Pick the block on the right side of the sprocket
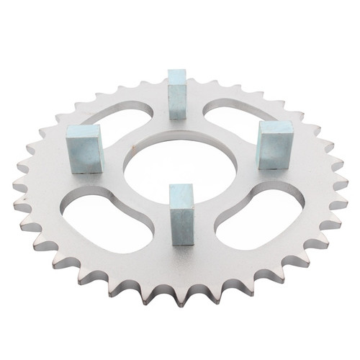click(x=276, y=143)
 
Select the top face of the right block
click(x=276, y=127)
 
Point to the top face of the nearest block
click(x=181, y=188)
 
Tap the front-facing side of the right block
click(x=274, y=150)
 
